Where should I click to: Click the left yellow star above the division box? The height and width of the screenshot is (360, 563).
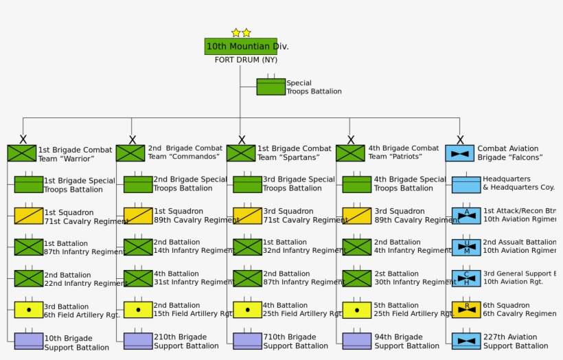coord(236,32)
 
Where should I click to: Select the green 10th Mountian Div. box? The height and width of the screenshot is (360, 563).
coord(241,46)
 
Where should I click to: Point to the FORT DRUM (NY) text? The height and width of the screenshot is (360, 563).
coord(246,60)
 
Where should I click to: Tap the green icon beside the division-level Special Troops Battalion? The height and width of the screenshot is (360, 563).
coord(271,87)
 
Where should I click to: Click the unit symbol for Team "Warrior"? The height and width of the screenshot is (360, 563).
coord(22,153)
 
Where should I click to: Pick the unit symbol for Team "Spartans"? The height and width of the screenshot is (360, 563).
coord(241,153)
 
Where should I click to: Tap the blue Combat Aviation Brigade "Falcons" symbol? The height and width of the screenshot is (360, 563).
coord(459,153)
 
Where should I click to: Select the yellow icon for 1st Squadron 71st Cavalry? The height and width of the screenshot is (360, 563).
coord(29,216)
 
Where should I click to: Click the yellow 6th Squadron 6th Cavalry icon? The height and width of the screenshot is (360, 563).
coord(466,309)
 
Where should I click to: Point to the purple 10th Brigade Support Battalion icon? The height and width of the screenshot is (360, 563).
coord(29,341)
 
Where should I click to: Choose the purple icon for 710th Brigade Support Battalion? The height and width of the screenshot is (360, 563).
coord(247,341)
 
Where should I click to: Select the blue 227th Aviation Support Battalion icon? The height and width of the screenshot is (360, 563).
coord(466,341)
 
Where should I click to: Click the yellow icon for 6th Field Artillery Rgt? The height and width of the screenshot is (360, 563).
coord(29,310)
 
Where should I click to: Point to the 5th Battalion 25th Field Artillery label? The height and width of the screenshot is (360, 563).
coord(413,309)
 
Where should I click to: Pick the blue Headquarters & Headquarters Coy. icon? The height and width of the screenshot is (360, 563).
coord(466,184)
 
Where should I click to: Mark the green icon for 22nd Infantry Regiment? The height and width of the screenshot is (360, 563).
coord(29,278)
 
